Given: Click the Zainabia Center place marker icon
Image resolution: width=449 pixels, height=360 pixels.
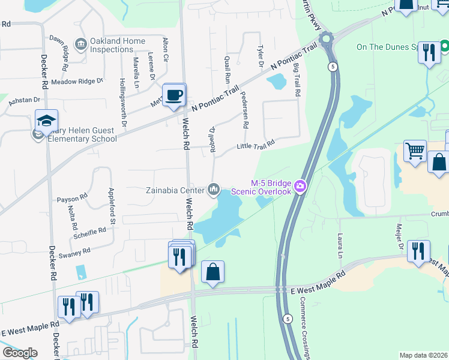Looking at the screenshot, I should [x=214, y=190].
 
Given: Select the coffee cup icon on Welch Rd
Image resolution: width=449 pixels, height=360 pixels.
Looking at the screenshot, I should [x=174, y=96].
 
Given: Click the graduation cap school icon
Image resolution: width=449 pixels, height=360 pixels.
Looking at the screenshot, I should [x=46, y=122].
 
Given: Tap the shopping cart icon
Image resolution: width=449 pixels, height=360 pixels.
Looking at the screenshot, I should [x=415, y=151].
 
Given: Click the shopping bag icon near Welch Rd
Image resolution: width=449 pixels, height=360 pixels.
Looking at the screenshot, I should [x=212, y=273].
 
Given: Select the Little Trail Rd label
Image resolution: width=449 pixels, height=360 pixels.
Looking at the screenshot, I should [x=256, y=145].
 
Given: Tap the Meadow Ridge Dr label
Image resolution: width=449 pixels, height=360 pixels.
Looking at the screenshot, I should [x=77, y=81].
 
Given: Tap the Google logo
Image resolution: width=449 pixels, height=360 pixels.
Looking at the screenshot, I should [x=20, y=353].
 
